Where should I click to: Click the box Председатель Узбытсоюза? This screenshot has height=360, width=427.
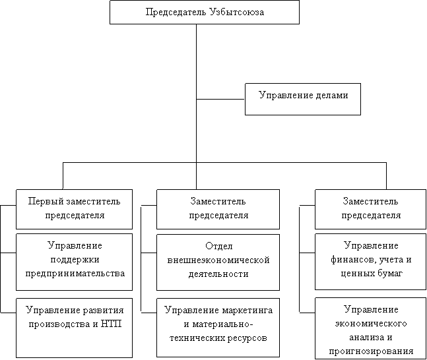pos(204,12)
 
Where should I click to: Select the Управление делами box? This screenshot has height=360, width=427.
pos(303,98)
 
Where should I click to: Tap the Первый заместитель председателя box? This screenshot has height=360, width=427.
pos(75,208)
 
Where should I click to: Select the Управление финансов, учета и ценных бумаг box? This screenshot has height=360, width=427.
pos(371,261)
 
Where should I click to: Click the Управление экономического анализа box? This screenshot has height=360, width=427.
pos(371,328)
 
